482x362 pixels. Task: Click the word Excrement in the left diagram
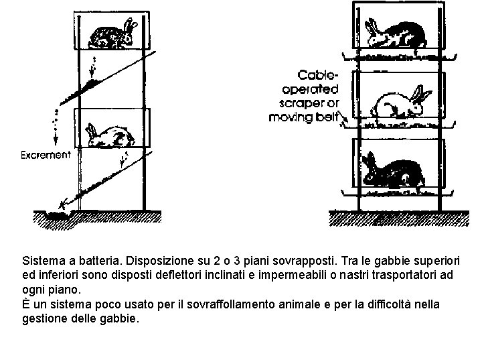[45, 155]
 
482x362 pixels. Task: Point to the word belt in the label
[329, 117]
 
